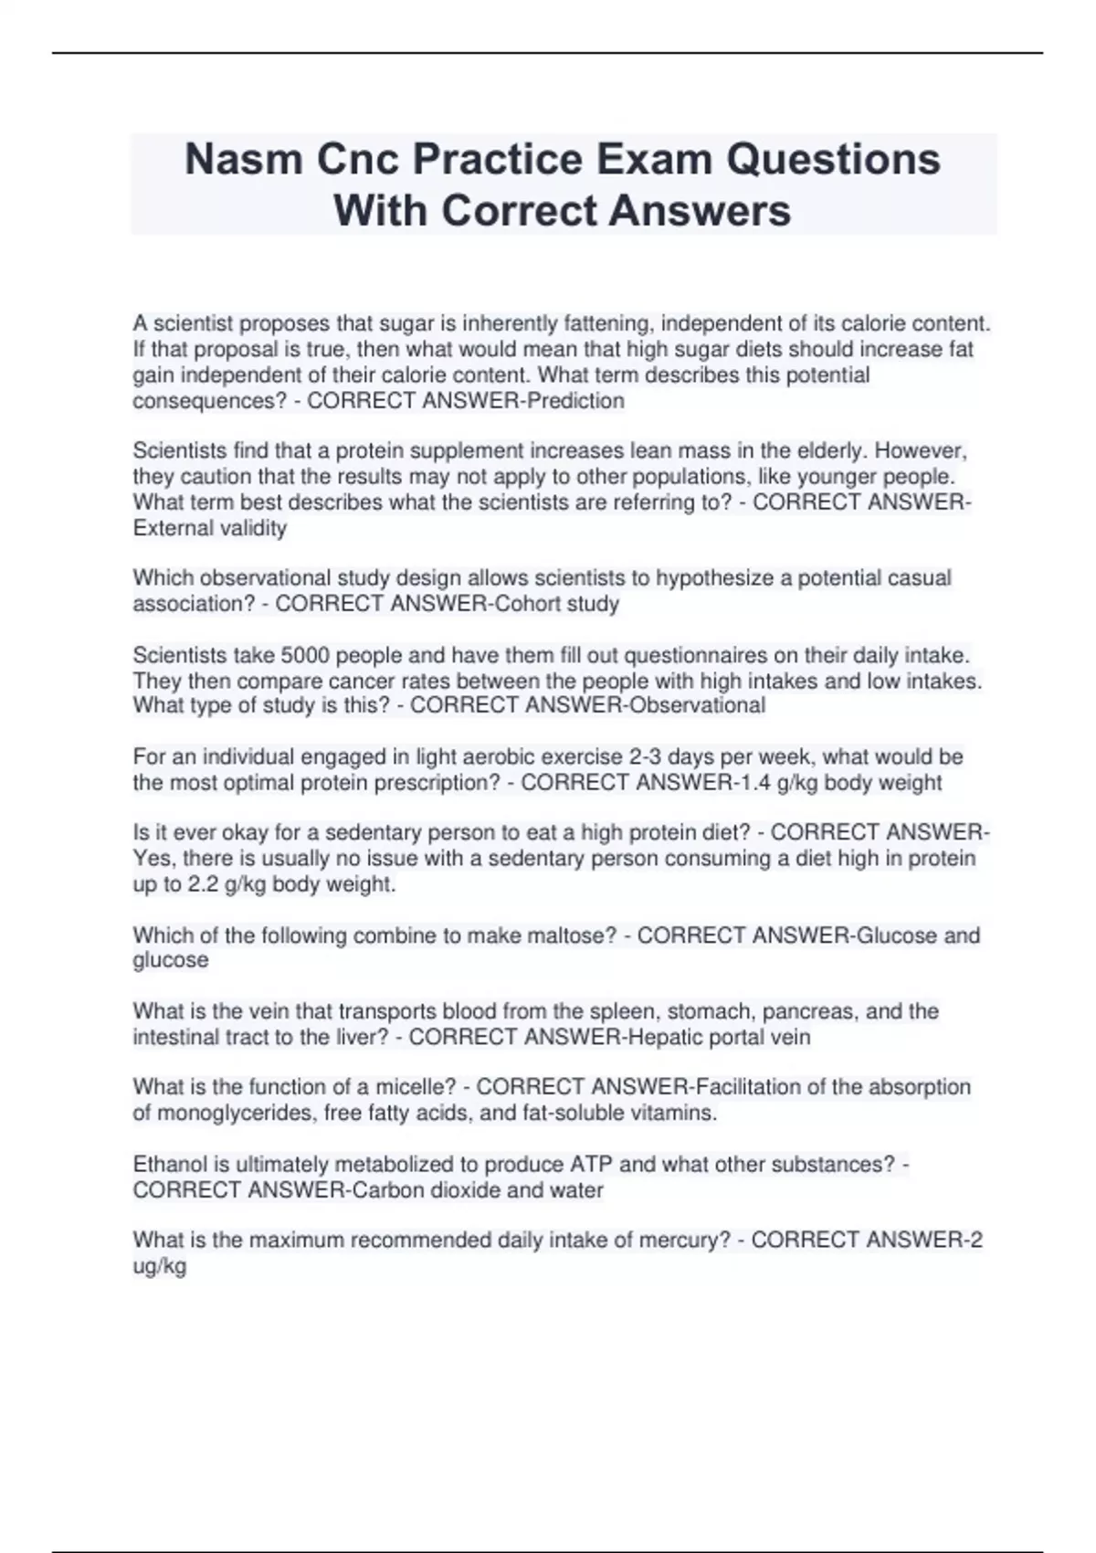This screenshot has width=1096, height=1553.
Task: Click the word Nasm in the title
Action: (x=243, y=159)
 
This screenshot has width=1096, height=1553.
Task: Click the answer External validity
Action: (x=210, y=528)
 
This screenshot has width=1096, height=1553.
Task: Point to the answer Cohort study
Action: (x=557, y=604)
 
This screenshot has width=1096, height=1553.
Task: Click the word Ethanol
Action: (x=170, y=1165)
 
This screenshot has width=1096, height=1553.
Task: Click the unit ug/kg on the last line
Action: (x=160, y=1266)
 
